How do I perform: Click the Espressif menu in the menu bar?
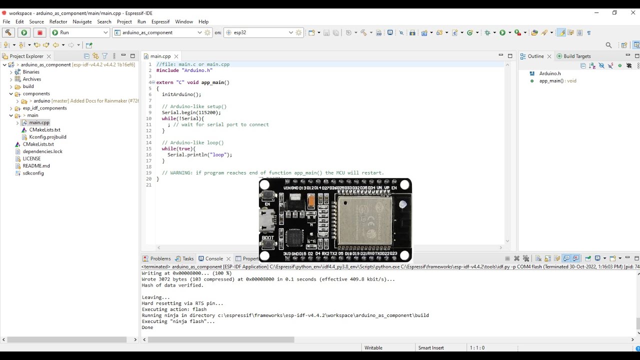160,21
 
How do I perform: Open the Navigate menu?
82,21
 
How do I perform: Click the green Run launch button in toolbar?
24,32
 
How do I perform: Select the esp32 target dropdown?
260,32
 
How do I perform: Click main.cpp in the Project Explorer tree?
39,122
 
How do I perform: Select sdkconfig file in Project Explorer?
33,173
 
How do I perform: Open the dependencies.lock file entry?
42,151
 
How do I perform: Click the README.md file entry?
36,166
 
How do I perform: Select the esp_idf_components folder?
44,108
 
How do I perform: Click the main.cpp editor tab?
160,56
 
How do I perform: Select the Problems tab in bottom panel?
160,258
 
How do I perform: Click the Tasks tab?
187,258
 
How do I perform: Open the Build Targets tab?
576,56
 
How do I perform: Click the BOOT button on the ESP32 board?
268,244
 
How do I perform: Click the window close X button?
633,12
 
